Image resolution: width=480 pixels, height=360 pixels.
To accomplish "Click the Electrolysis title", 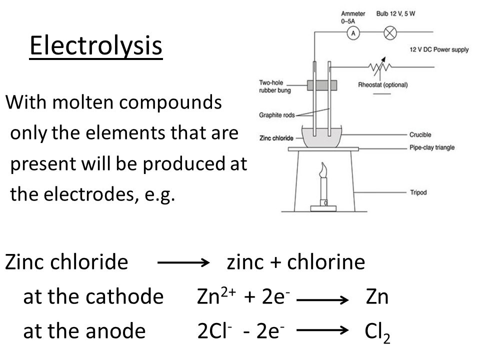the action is (96, 45).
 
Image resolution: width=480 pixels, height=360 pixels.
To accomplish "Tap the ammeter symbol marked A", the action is (353, 33).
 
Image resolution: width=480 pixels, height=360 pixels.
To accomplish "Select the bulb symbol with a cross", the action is (390, 33).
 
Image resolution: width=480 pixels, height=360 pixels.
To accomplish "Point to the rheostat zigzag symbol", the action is (379, 66).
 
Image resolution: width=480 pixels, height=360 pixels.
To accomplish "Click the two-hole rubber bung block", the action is (322, 85).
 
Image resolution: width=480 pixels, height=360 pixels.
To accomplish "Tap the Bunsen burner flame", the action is (323, 170).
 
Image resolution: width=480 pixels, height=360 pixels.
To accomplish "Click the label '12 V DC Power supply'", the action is (439, 49).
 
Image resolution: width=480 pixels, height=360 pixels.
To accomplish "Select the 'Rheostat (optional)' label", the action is (382, 85).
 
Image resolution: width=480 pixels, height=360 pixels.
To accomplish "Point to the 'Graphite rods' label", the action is (276, 115).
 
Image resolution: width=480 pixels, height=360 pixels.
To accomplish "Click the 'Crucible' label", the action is (420, 134).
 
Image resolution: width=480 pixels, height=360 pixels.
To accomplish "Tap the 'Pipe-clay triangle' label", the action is (432, 147).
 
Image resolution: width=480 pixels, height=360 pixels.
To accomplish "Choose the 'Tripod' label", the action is (418, 192).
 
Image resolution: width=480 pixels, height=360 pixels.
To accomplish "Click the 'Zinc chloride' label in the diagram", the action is (276, 138).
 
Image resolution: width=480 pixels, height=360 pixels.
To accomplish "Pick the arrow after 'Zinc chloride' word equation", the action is (183, 262).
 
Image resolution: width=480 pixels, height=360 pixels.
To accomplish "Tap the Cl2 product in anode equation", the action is (377, 332).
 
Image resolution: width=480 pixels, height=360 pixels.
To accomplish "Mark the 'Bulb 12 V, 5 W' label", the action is (395, 14).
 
